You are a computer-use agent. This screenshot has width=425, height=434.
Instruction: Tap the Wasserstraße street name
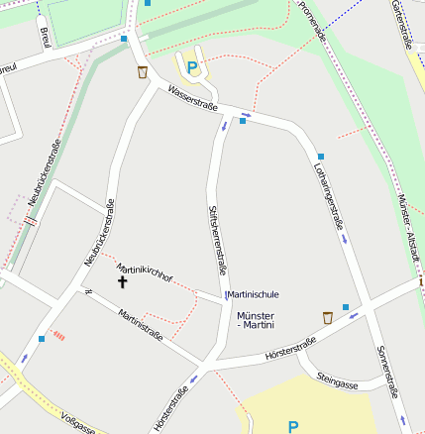pyautogui.click(x=192, y=98)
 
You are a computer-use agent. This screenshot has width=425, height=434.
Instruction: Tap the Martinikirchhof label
pyautogui.click(x=145, y=273)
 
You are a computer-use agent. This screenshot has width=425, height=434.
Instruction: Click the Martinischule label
pyautogui.click(x=255, y=294)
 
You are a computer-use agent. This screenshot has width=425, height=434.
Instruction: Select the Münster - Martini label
pyautogui.click(x=257, y=320)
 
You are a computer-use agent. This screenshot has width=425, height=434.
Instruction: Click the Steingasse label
pyautogui.click(x=337, y=380)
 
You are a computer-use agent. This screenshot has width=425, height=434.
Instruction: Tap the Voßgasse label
pyautogui.click(x=77, y=423)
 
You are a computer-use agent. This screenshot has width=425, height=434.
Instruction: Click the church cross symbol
pyautogui.click(x=123, y=281)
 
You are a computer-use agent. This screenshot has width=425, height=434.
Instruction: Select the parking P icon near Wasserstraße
pyautogui.click(x=192, y=67)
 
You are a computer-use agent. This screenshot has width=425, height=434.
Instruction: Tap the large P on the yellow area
pyautogui.click(x=292, y=427)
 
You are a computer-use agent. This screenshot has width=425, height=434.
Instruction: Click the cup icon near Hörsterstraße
pyautogui.click(x=328, y=317)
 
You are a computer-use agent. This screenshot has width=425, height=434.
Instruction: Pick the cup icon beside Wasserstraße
pyautogui.click(x=144, y=71)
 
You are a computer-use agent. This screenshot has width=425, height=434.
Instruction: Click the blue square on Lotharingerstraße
pyautogui.click(x=321, y=157)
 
